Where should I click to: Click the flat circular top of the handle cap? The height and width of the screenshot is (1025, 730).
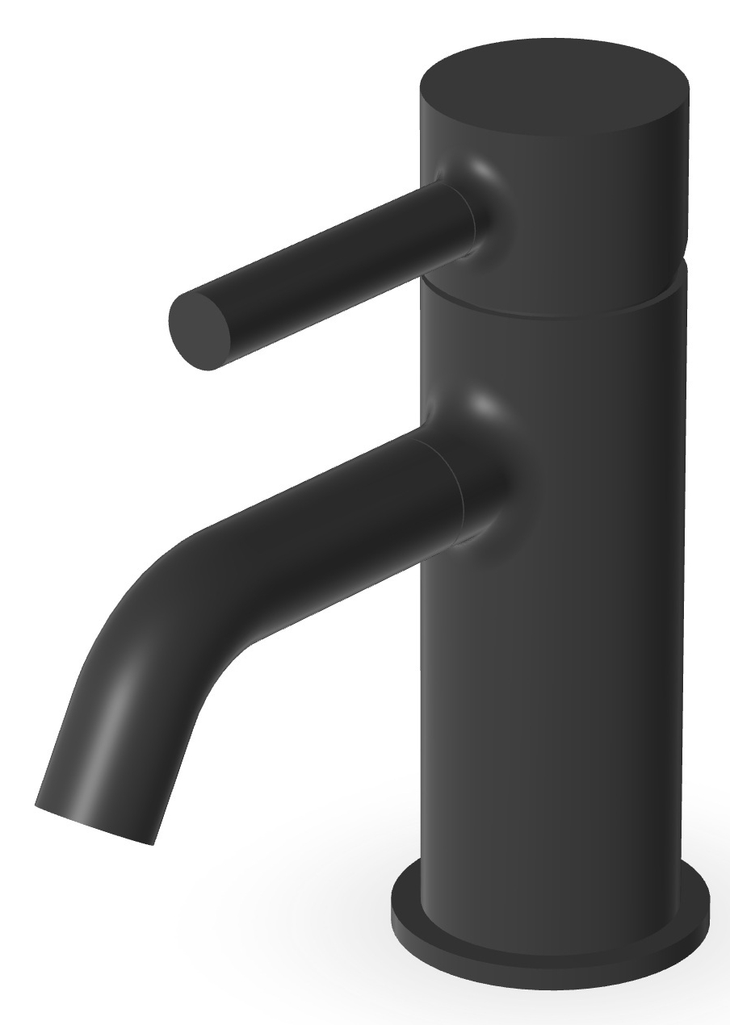(555, 87)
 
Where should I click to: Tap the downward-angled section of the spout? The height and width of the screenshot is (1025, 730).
(121, 726)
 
